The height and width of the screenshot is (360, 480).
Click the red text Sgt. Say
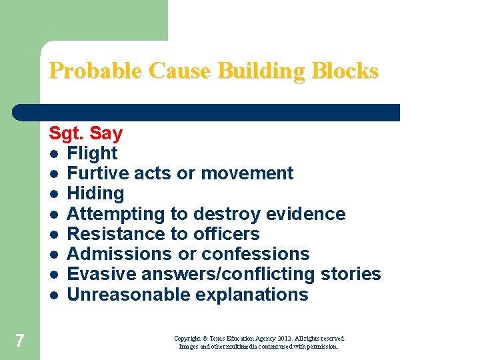pos(85,133)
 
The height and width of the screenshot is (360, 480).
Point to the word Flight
pos(92,153)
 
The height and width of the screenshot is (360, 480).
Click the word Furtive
pos(98,173)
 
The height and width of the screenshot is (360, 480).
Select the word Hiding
pos(95,194)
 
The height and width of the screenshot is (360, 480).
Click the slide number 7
pos(19,341)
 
